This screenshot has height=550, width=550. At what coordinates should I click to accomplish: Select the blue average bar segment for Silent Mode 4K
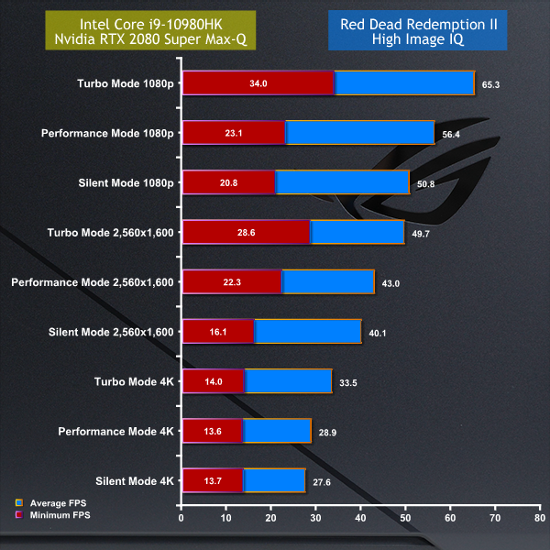pos(274,479)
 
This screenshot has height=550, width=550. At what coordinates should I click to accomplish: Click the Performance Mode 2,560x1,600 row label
pos(93,281)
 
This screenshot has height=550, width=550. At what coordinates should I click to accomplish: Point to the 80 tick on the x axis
pos(540,519)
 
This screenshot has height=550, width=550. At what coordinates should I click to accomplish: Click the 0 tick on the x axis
pos(182,519)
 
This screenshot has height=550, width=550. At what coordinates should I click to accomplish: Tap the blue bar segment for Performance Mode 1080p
pos(359,133)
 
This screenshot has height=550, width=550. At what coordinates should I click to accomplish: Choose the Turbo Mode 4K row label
pos(134,380)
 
